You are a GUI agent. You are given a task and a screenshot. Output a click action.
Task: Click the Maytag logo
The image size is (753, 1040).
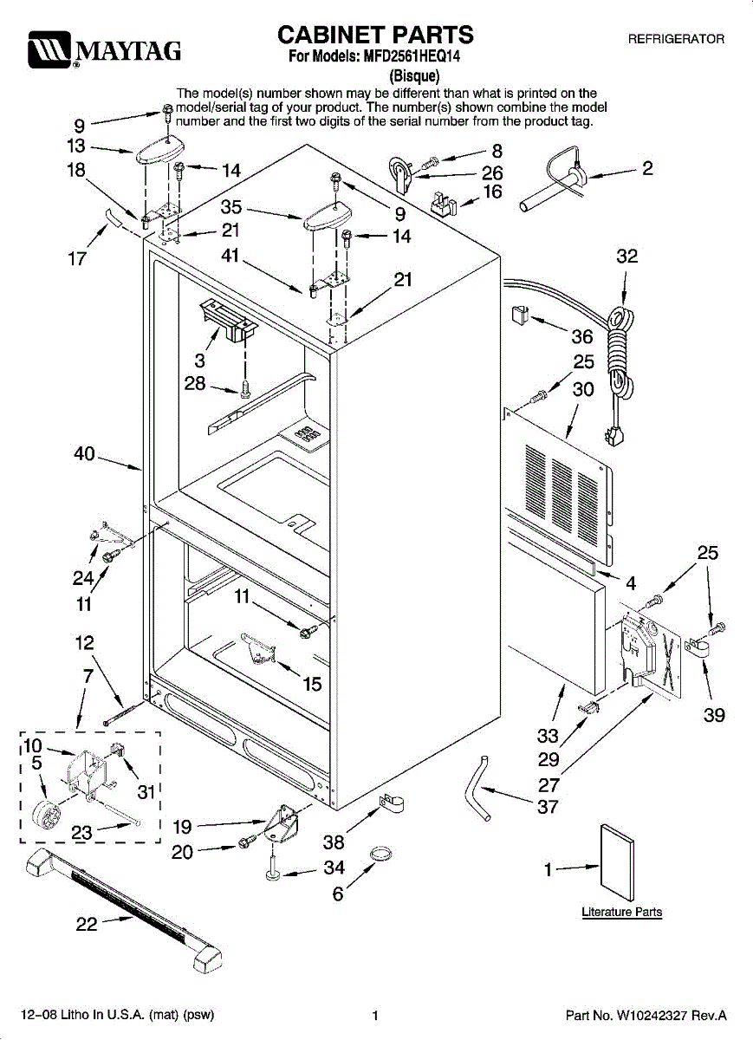[102, 50]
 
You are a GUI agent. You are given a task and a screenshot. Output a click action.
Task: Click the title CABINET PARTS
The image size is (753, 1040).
[375, 35]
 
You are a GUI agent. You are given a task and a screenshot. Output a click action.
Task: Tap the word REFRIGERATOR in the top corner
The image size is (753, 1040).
[676, 40]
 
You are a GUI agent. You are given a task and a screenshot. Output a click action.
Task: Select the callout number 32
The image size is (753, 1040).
[626, 257]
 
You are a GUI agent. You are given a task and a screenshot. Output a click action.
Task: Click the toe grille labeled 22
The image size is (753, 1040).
[126, 909]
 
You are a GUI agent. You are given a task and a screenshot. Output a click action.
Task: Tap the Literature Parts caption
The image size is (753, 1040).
[621, 912]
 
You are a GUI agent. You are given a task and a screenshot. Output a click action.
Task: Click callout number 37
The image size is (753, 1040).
[548, 808]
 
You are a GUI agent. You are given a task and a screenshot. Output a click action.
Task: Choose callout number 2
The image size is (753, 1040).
[647, 168]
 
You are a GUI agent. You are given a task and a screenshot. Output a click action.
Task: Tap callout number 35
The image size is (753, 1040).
[231, 207]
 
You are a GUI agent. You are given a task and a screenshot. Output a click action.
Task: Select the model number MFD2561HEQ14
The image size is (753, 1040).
[411, 58]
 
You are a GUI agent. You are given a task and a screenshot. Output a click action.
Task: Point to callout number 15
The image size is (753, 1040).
[312, 684]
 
